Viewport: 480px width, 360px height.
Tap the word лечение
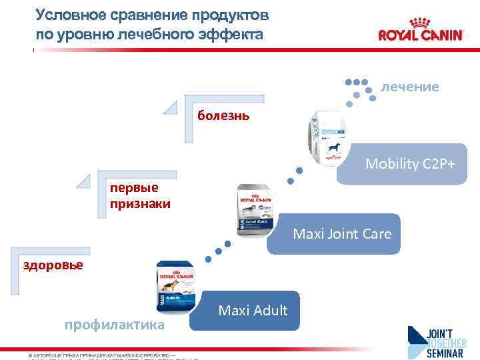point(409,87)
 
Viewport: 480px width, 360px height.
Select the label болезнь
point(223,116)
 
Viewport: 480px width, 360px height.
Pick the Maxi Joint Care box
point(341,234)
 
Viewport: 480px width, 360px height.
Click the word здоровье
point(53,265)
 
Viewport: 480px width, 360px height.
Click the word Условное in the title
point(69,14)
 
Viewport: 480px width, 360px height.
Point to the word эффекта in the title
point(236,33)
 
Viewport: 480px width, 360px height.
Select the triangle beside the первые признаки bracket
point(84,180)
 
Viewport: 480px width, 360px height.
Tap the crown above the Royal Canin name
point(421,19)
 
